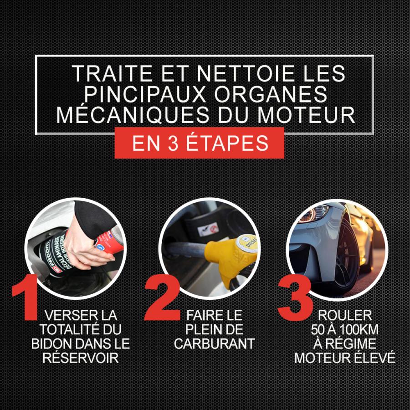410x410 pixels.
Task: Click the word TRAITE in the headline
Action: point(112,73)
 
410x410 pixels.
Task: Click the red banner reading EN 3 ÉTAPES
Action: point(199,143)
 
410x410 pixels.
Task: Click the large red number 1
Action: point(26,297)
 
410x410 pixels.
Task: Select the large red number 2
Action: point(162,298)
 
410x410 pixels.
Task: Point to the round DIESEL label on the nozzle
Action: point(246,243)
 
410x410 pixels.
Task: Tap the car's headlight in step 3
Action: point(313,213)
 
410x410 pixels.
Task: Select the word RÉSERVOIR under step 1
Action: point(81,358)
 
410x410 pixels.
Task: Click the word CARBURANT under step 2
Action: point(215,343)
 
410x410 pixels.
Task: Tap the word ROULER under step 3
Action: point(345,316)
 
